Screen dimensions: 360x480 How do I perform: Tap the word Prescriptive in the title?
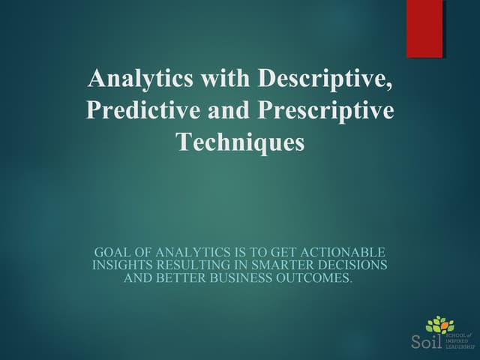click(x=327, y=109)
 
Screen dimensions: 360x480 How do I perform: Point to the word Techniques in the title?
click(x=240, y=141)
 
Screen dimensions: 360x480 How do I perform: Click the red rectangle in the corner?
click(x=424, y=28)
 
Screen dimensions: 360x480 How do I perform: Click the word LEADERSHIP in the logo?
click(x=461, y=347)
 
